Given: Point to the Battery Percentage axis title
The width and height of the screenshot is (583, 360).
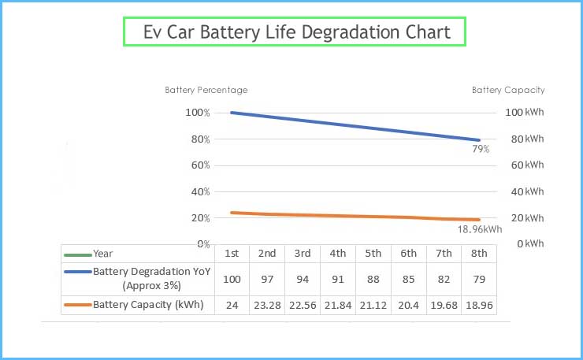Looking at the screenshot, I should coord(206,90).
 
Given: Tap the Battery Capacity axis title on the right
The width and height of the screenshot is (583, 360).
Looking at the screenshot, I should coord(508,90).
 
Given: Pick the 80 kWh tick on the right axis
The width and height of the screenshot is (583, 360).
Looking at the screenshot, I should coord(524,139).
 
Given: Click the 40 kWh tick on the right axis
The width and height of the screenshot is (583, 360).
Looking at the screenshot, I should coord(524,191).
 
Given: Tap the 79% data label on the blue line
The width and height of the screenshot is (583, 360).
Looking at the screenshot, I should coord(481,149).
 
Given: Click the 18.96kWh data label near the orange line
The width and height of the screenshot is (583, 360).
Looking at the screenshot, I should coord(480,229).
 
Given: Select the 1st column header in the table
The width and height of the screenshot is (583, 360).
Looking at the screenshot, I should coord(232,254).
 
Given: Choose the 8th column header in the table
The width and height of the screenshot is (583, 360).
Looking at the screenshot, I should coord(479,254).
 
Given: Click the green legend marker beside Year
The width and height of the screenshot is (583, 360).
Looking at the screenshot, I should coord(77,254).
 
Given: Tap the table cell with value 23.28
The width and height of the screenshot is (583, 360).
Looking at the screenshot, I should coord(267,305).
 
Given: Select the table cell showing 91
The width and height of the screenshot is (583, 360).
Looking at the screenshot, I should coord(337,279).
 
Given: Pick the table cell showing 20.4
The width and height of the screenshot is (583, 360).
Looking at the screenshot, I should coord(408,305).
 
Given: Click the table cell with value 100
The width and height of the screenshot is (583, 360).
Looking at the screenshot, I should coord(232,279).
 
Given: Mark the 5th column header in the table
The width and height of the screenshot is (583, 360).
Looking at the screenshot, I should coord(373,254).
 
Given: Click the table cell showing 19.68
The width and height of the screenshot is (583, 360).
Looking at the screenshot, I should coord(444,305).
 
